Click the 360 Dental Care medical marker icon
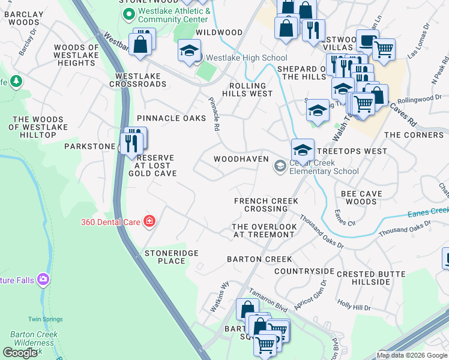(x=149, y=222)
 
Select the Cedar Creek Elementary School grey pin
(x=280, y=166)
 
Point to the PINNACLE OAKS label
(x=171, y=118)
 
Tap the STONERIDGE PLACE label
(x=171, y=257)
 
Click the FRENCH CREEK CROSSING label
(x=261, y=205)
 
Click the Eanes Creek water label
(x=428, y=211)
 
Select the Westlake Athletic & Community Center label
(x=173, y=15)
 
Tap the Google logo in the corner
(x=20, y=352)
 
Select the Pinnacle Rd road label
(x=213, y=114)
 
